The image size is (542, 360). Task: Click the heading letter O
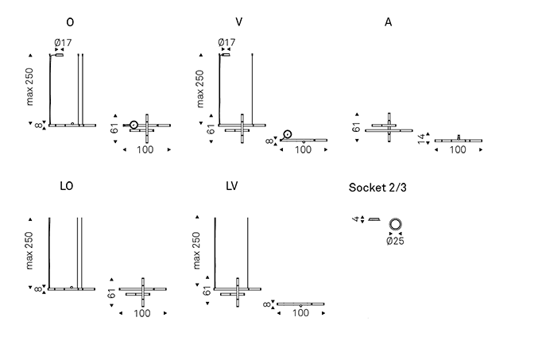click(x=71, y=21)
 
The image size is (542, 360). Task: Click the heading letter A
click(x=388, y=21)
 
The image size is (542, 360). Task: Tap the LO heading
click(x=67, y=186)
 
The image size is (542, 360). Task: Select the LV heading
click(x=231, y=186)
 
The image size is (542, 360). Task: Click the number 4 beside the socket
click(x=355, y=219)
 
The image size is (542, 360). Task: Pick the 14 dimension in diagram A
click(x=421, y=140)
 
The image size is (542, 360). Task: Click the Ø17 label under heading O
click(x=62, y=43)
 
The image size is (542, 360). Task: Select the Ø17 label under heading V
click(x=226, y=43)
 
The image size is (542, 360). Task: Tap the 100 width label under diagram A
click(x=458, y=149)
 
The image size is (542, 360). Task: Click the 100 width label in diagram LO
click(x=142, y=313)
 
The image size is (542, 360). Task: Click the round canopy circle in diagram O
click(x=134, y=124)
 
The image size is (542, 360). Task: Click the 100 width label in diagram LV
click(x=300, y=313)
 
